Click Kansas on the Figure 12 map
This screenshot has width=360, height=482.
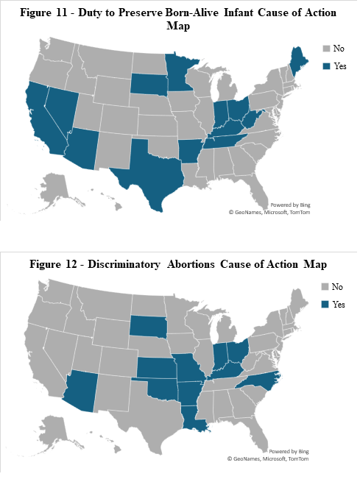tap(156, 368)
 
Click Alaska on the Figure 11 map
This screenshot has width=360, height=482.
tap(55, 188)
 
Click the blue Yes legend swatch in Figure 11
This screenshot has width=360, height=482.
tap(326, 66)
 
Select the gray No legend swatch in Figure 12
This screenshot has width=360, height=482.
tap(325, 287)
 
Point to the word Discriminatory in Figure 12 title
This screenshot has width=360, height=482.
tap(124, 264)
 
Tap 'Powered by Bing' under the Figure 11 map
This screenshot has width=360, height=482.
tap(290, 205)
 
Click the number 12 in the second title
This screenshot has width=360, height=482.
tap(71, 264)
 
